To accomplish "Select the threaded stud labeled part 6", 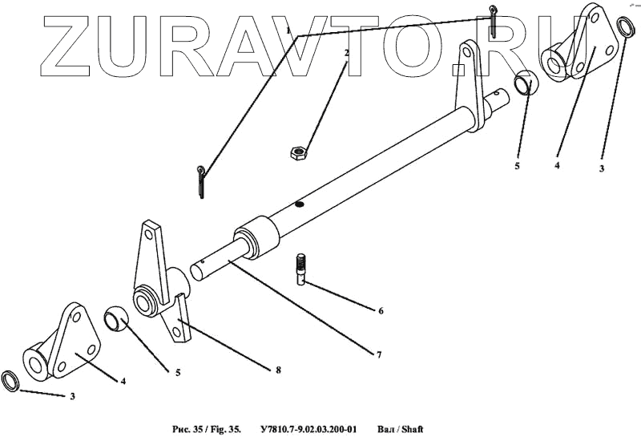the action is pyautogui.click(x=303, y=268).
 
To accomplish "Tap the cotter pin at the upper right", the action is pyautogui.click(x=496, y=21).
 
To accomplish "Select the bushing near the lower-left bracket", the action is pyautogui.click(x=118, y=318).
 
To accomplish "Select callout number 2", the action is pyautogui.click(x=346, y=53).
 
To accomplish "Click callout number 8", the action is pyautogui.click(x=278, y=370).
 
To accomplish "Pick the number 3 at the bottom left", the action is pyautogui.click(x=74, y=397).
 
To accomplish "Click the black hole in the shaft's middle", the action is pyautogui.click(x=299, y=204).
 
